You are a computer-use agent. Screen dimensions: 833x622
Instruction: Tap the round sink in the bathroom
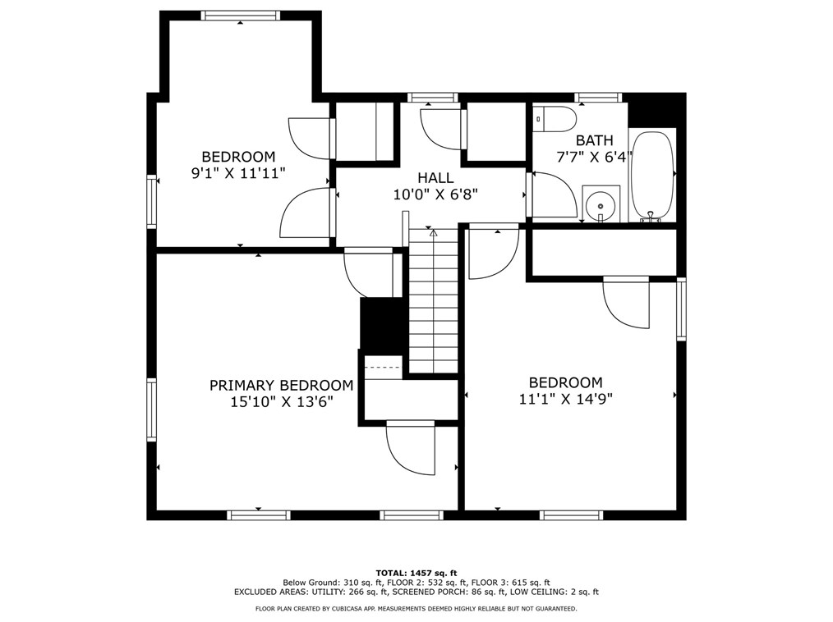coord(601,205)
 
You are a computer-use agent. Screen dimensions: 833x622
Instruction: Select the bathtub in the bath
coord(652,175)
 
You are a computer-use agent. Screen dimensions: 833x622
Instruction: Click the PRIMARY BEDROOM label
coord(281,386)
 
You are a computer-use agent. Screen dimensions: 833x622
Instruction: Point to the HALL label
coord(435,178)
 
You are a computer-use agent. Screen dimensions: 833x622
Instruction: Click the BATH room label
coord(595,140)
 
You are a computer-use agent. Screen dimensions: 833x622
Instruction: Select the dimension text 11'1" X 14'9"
coord(566,399)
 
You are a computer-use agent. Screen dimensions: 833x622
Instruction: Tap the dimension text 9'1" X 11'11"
coord(238,173)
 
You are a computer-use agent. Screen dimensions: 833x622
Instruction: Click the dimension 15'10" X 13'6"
coord(282,402)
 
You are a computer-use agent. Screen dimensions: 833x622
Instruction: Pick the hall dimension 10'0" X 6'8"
coord(435,194)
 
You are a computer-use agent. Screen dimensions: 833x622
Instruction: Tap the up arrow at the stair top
coord(433,232)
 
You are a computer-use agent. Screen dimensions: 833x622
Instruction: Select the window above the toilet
coord(598,98)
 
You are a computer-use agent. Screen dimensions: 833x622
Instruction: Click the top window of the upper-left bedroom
coord(241,16)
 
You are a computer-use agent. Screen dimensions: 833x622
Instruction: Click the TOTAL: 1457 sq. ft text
coord(416,573)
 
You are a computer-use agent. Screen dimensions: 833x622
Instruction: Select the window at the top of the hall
coord(432,98)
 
